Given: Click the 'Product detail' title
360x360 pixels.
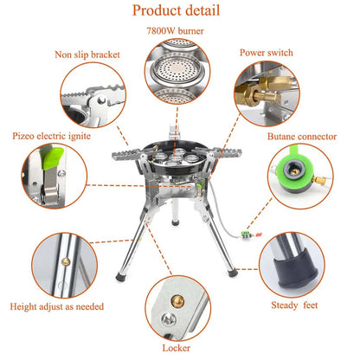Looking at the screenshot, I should (180, 12).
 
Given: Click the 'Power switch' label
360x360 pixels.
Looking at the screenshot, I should (274, 54).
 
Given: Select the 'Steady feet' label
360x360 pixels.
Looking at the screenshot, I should (313, 304).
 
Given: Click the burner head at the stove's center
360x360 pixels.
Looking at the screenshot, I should (178, 161).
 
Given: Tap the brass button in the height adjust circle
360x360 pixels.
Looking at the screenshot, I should (62, 257).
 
